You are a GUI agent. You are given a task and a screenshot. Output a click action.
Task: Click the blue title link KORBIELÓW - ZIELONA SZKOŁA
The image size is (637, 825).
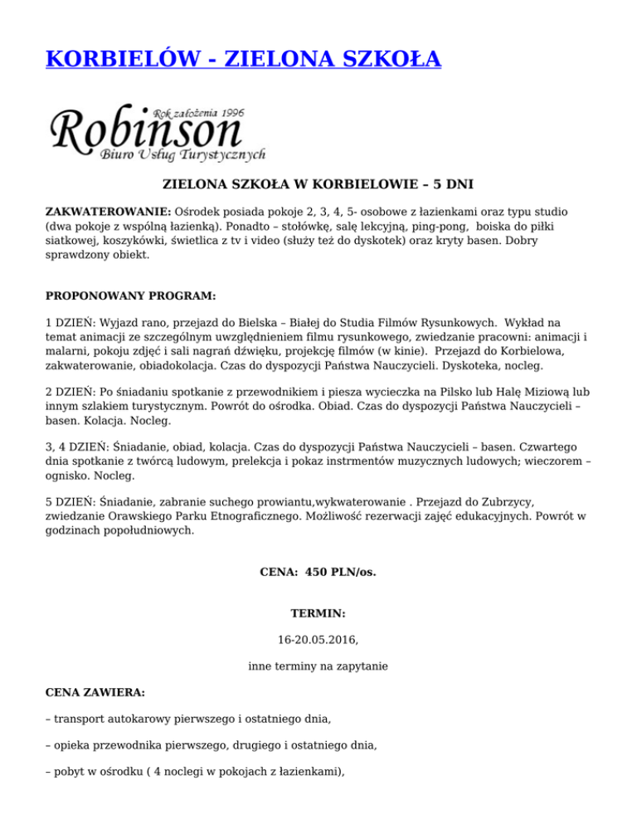pos(243,59)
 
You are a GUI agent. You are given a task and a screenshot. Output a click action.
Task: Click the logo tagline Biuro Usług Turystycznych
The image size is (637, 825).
pos(182,155)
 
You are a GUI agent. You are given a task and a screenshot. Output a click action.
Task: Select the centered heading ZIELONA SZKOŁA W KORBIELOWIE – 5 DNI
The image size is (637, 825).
pos(318,183)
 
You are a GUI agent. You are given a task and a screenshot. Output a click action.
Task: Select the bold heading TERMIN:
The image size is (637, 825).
pos(318,615)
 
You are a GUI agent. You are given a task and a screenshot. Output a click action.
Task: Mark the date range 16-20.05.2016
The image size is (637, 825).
pos(318,641)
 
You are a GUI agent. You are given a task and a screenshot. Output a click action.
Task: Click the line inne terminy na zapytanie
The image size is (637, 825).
pos(318,666)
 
